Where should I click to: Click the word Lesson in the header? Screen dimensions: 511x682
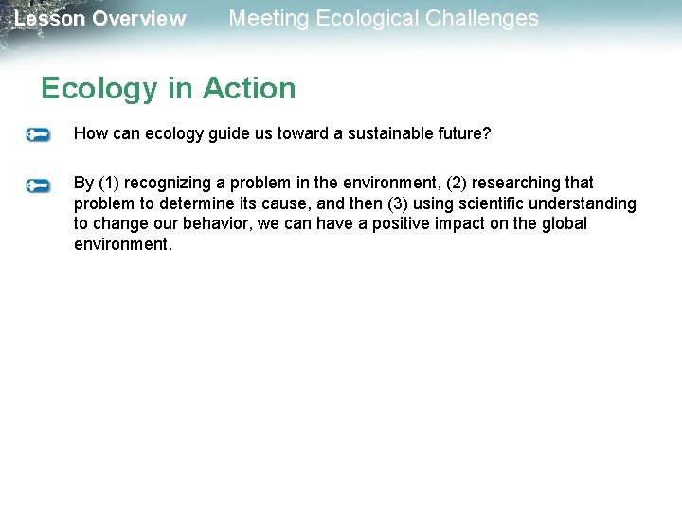[x=49, y=19]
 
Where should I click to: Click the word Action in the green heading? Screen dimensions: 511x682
[x=250, y=88]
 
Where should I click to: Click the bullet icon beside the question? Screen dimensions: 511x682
[x=39, y=135]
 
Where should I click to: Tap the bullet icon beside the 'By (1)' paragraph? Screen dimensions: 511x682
[x=39, y=185]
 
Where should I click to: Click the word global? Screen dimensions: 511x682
[x=564, y=224]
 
